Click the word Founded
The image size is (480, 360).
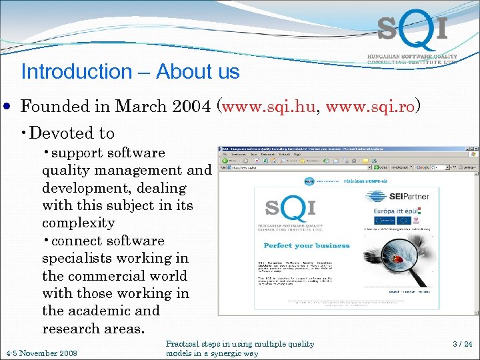coord(55,106)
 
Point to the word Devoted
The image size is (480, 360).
coord(63,133)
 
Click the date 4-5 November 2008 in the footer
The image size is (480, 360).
coord(41,353)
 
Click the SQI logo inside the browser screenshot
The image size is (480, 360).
coord(289,209)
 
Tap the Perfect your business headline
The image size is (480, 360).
coord(307,245)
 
